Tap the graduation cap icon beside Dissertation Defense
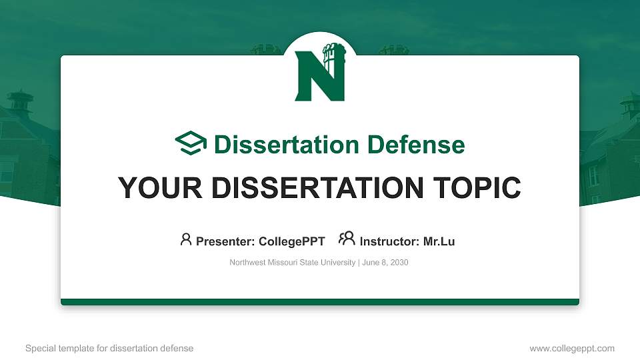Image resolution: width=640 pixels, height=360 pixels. [191, 143]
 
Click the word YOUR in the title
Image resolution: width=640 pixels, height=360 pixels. [150, 188]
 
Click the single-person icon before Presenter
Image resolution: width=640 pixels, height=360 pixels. [186, 239]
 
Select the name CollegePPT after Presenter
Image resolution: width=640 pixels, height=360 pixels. [292, 241]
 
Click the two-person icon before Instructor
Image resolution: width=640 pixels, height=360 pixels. [347, 239]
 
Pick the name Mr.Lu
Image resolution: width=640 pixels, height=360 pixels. [439, 241]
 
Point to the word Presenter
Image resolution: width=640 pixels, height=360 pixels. [219, 241]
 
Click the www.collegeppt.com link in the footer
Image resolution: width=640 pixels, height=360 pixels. [572, 348]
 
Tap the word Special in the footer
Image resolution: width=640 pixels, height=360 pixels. [40, 348]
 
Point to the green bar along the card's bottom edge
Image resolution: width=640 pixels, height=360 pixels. [320, 302]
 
